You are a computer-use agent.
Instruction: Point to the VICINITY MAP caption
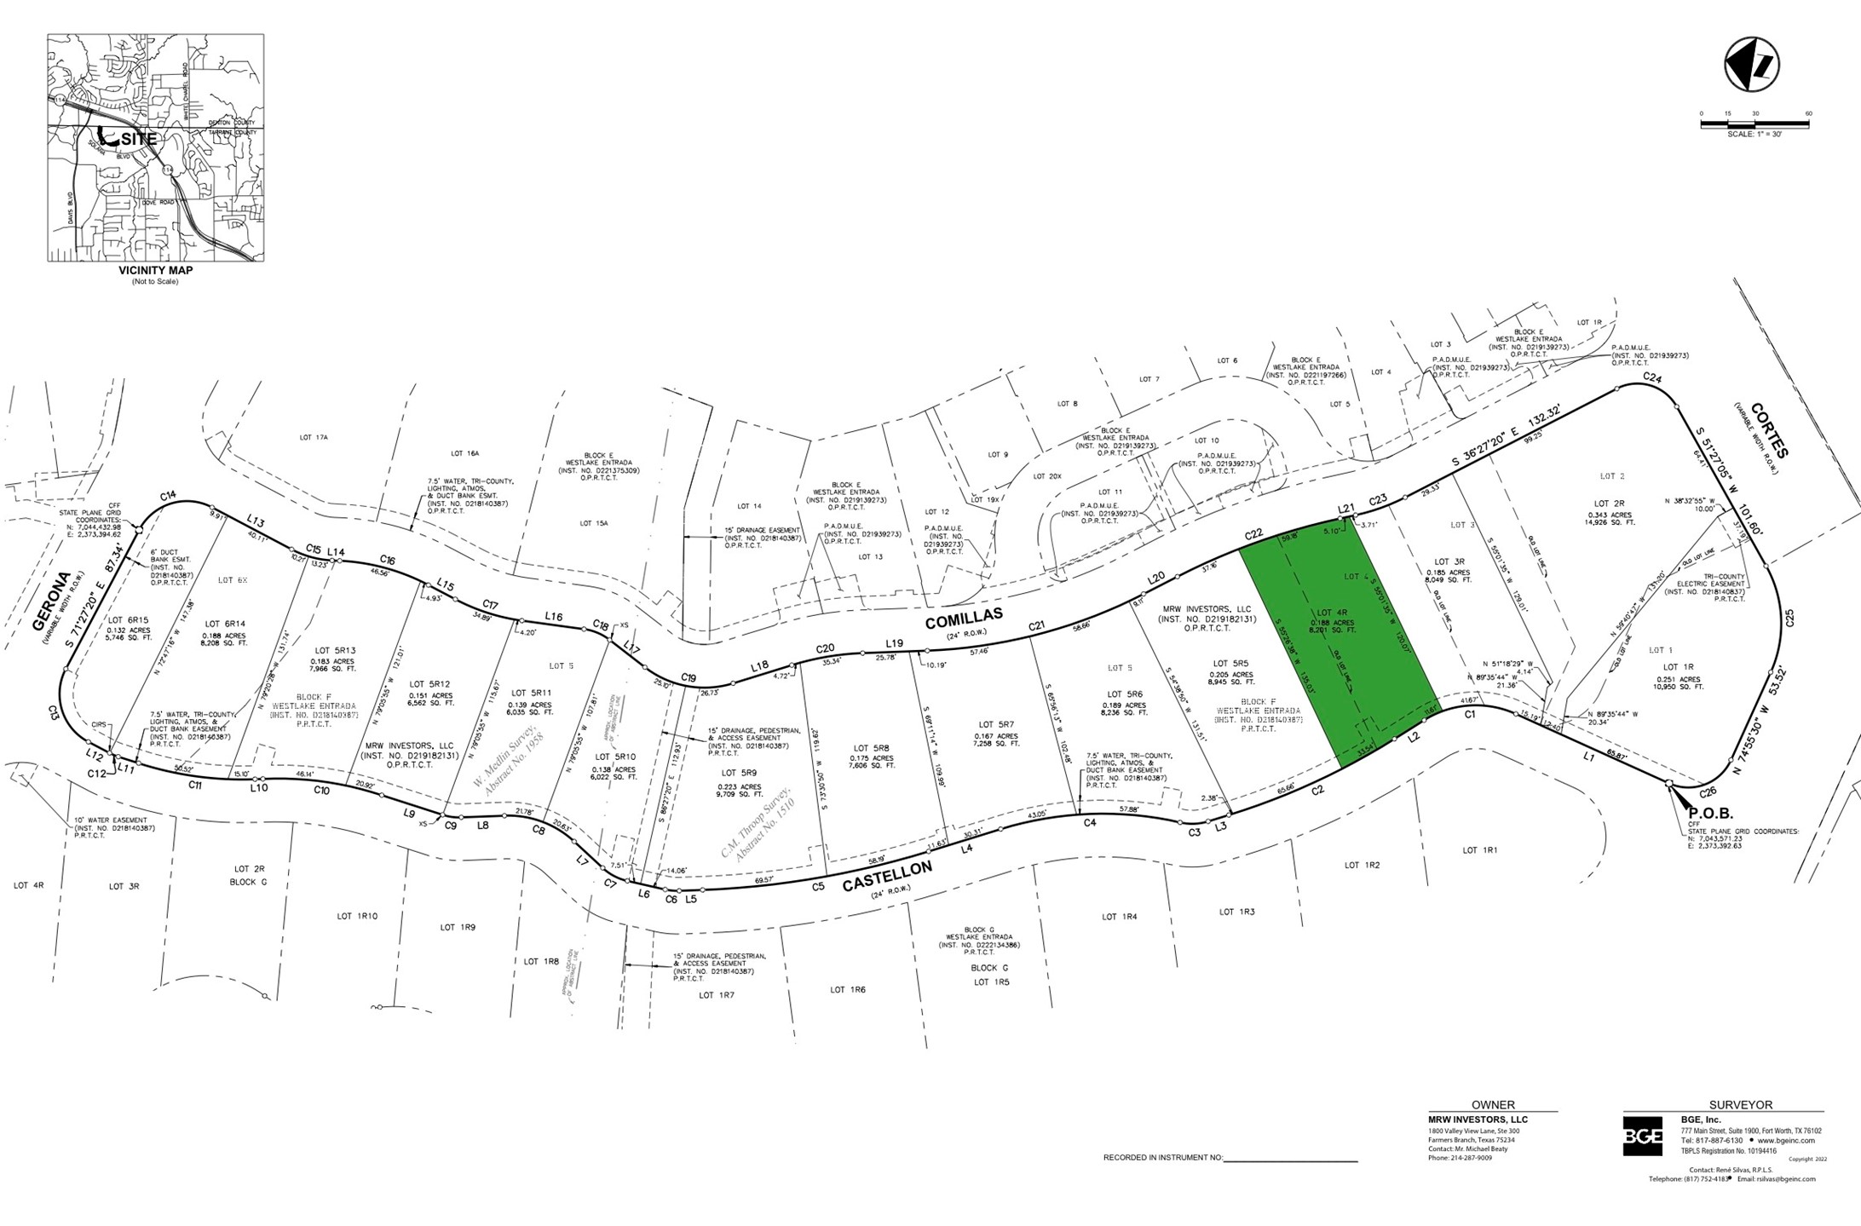tap(155, 270)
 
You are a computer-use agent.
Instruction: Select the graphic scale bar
tap(1754, 124)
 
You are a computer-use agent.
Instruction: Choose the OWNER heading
tap(1493, 1105)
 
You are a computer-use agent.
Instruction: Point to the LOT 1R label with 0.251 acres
tap(1671, 667)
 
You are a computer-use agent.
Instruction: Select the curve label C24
tap(1652, 377)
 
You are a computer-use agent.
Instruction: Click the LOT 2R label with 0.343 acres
tap(1608, 504)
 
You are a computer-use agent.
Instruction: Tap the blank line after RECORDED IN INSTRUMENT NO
tap(1290, 1159)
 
